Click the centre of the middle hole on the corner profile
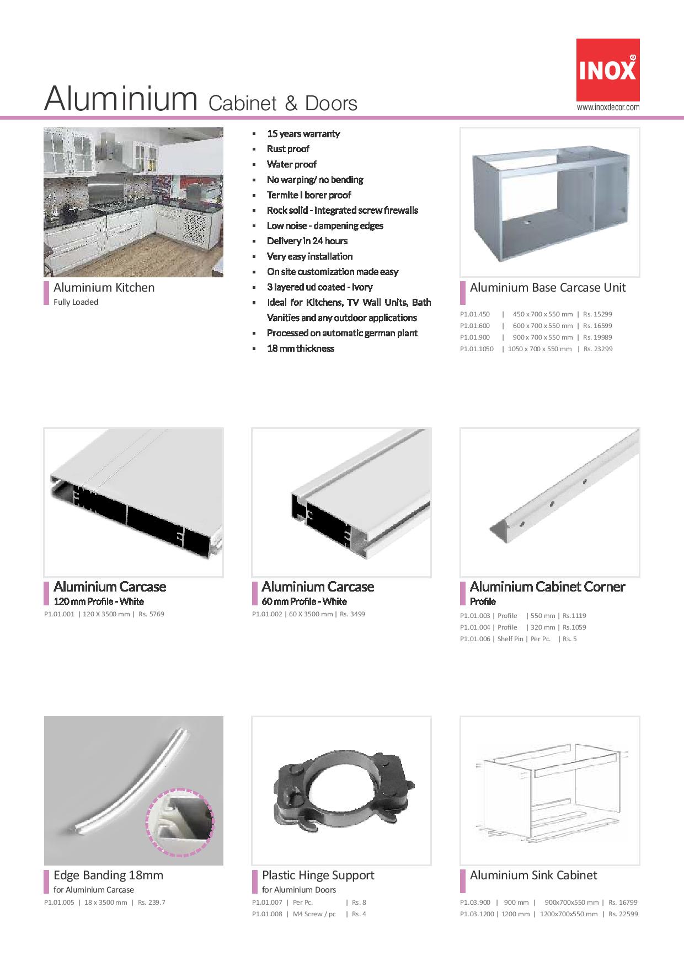551,503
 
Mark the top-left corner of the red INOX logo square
576,39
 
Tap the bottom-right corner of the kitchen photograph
223,277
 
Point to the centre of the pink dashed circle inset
180,822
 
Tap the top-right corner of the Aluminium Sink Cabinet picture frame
640,716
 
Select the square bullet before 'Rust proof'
254,149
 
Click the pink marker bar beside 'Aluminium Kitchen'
46,293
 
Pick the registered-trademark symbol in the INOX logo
632,57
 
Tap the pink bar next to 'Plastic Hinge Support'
254,882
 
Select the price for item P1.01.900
597,337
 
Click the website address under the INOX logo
608,108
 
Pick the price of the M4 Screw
359,914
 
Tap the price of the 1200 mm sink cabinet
623,914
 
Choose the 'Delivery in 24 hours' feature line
307,241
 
